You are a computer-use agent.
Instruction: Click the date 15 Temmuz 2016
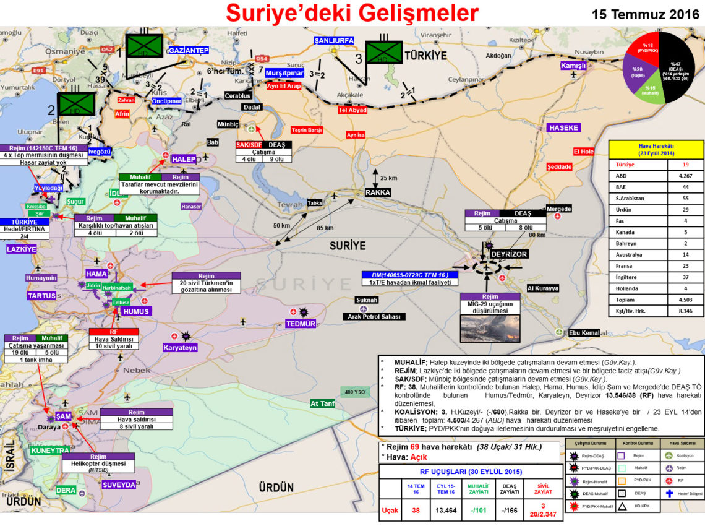coord(646,14)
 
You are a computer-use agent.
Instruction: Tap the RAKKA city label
coord(377,192)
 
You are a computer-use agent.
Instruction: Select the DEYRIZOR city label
coord(508,254)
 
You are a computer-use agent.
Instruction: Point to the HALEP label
coord(184,159)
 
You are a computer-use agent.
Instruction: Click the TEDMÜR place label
coord(301,324)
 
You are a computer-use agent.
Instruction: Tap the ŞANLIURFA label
coord(334,40)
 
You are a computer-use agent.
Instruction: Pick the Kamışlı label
coord(573,66)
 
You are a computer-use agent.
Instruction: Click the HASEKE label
coord(563,127)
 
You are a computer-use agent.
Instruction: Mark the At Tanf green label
coord(323,403)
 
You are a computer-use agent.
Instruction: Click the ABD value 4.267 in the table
coord(681,176)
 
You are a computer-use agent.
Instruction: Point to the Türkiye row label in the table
coord(625,165)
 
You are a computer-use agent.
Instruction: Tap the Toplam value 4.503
coord(681,300)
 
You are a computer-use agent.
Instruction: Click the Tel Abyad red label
coord(352,110)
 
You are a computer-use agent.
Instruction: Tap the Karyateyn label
coord(179,348)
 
